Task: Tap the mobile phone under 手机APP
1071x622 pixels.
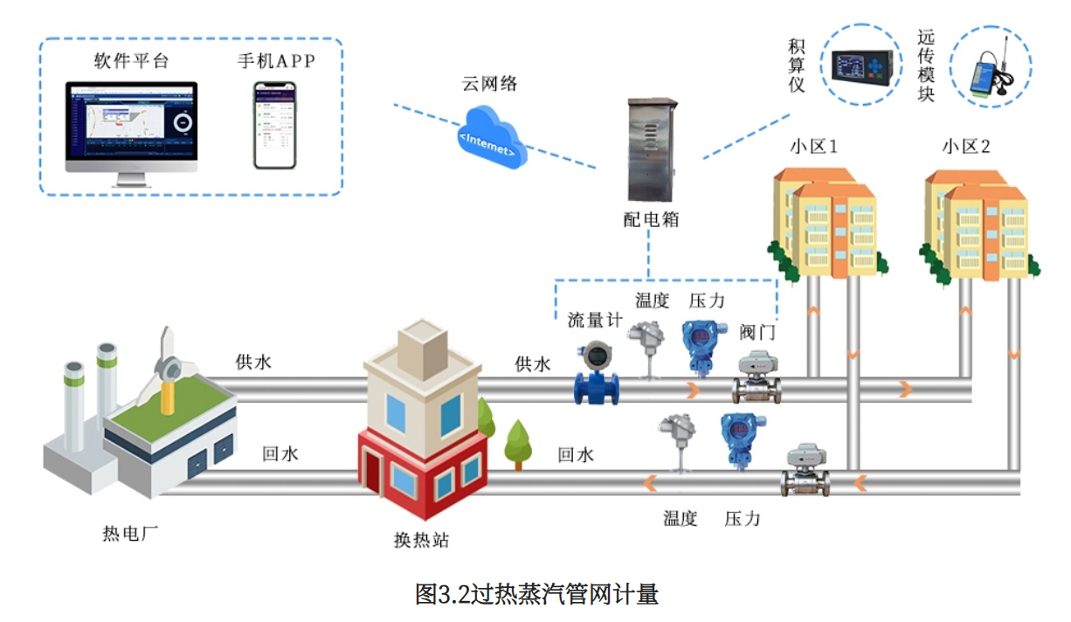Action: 274,126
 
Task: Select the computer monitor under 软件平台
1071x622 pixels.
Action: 131,128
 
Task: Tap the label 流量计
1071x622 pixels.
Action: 594,320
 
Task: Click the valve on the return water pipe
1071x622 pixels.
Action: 804,471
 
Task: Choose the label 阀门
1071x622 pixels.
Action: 757,332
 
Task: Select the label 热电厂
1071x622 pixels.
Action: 131,532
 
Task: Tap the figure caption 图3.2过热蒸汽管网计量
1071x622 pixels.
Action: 535,595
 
